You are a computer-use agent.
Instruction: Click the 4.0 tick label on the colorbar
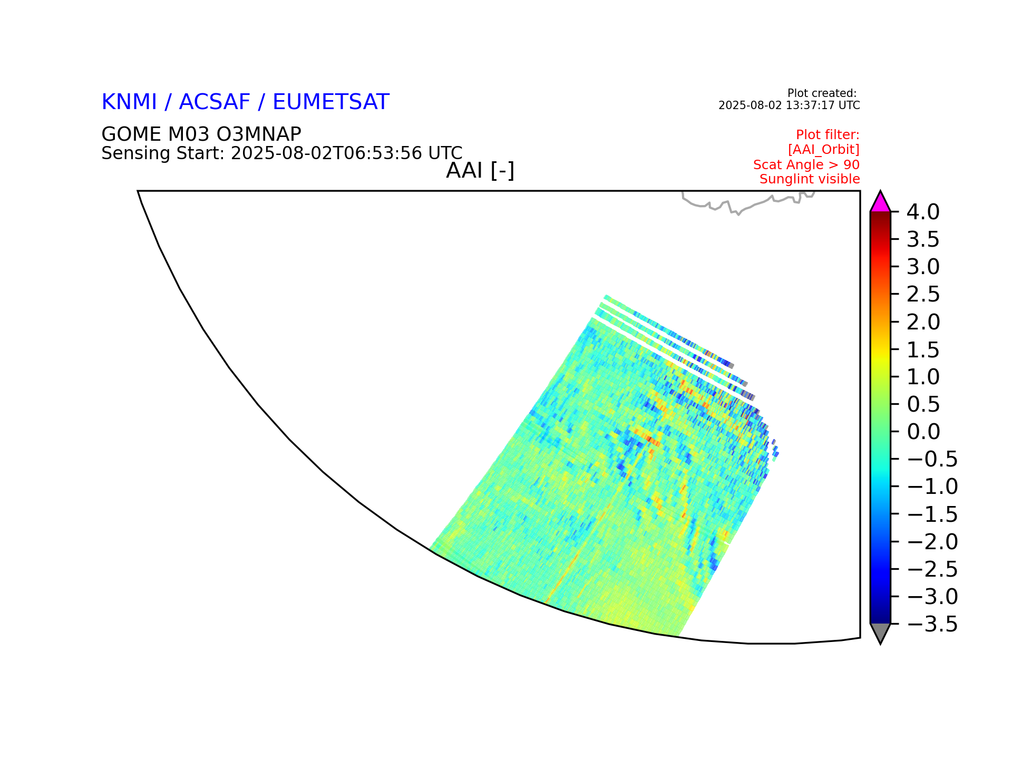pos(923,212)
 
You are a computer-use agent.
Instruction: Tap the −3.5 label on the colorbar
pos(932,624)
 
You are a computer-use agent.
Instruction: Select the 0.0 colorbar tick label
pos(923,432)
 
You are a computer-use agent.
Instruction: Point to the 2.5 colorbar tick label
pos(923,294)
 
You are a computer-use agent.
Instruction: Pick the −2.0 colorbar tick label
pos(932,542)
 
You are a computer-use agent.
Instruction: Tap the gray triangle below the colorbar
pos(880,632)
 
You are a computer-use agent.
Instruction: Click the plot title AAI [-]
pos(480,171)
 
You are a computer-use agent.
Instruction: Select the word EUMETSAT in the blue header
pos(331,102)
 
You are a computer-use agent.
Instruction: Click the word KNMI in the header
pos(129,102)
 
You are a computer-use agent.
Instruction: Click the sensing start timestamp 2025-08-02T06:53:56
pos(326,153)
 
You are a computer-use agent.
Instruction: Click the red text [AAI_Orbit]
pos(824,150)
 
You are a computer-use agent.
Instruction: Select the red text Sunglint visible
pos(810,179)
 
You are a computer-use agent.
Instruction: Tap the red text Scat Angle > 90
pos(806,164)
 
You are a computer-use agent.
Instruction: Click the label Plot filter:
pos(828,135)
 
